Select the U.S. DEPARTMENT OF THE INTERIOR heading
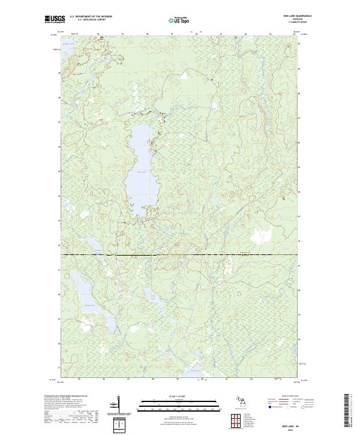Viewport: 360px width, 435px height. click(x=90, y=17)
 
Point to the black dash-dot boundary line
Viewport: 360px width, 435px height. click(x=180, y=255)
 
